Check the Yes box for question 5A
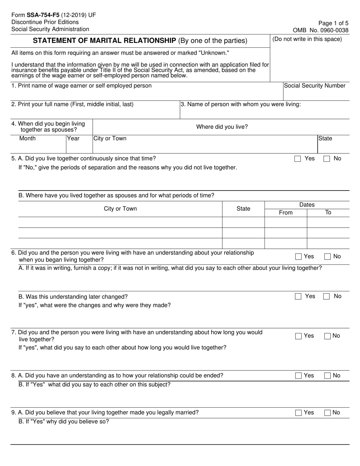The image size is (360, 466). (297, 159)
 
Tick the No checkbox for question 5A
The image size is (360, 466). (327, 159)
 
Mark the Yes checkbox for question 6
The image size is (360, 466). (298, 257)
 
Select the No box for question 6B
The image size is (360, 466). (326, 297)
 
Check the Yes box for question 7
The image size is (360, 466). (298, 336)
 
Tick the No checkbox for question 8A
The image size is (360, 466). (328, 376)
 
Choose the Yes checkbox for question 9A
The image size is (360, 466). (298, 413)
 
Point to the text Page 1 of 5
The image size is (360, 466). (334, 23)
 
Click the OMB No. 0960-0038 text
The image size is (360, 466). (321, 30)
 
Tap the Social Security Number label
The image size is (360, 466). (315, 86)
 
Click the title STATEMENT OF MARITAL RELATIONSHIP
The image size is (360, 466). (104, 41)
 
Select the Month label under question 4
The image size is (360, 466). (27, 138)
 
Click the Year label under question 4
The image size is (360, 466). (73, 138)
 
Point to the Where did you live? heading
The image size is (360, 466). (222, 127)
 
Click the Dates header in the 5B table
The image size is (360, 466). (307, 205)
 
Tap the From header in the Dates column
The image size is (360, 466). (285, 213)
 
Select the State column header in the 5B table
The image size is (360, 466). (243, 209)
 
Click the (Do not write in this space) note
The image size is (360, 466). (307, 39)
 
